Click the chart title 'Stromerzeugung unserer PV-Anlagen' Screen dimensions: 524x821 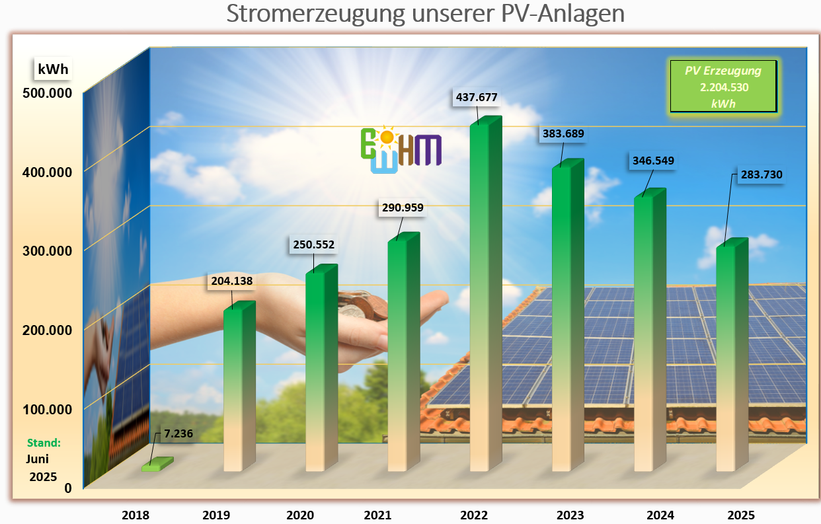(425, 14)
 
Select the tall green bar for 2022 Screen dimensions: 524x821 (483, 297)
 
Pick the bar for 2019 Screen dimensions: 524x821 (237, 390)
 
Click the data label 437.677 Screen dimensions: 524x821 (476, 97)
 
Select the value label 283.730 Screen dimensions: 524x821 (758, 174)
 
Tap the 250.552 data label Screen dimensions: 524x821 (313, 244)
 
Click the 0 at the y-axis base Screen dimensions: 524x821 (67, 488)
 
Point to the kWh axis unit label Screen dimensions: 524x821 (53, 68)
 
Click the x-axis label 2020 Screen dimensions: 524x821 (300, 515)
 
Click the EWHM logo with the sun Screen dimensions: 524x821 (401, 149)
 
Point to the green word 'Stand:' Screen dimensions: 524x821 (44, 443)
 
